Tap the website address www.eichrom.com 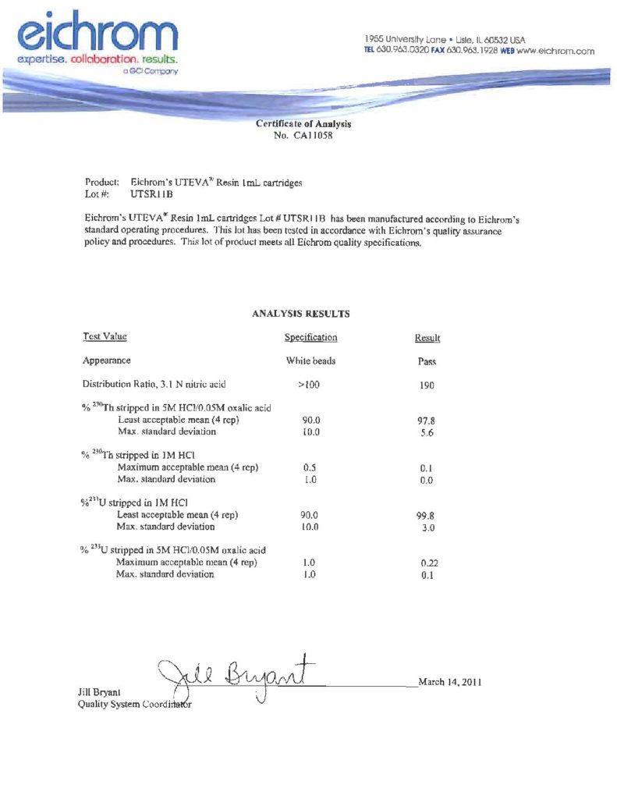[x=555, y=51]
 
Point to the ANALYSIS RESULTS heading [x=300, y=314]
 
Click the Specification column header [x=310, y=338]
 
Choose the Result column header [x=427, y=339]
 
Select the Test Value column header [x=105, y=337]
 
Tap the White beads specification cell [x=311, y=361]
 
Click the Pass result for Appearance [x=427, y=362]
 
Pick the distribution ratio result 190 [x=427, y=385]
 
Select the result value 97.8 [x=427, y=421]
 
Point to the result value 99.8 [x=427, y=516]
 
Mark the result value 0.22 [x=427, y=563]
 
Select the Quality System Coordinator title [x=133, y=705]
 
